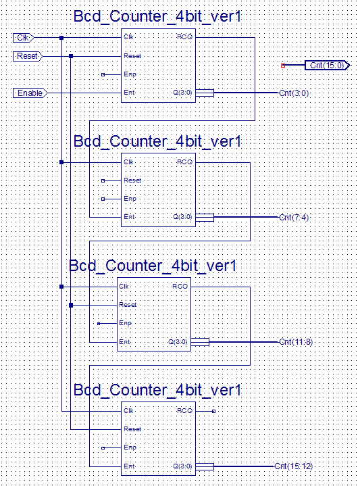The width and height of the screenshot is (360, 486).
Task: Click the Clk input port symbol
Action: pos(23,38)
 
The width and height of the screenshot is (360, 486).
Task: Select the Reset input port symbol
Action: pos(28,56)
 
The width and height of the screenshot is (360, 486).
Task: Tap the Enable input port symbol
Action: pos(30,93)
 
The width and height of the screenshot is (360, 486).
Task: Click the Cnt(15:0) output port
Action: pos(328,66)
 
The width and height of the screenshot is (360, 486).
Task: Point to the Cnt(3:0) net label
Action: pos(294,93)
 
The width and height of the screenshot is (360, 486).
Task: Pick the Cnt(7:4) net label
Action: pos(294,217)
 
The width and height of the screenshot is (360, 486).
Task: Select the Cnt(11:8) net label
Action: pos(296,342)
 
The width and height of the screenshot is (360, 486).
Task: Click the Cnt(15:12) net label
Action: pos(293,466)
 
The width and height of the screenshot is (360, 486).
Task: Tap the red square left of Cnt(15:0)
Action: pos(283,66)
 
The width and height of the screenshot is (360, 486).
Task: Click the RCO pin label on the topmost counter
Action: pos(184,37)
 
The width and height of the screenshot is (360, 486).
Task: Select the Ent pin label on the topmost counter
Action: pos(129,93)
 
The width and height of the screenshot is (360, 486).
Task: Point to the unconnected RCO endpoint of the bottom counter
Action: pos(213,411)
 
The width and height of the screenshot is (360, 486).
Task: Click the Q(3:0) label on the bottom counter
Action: pos(182,466)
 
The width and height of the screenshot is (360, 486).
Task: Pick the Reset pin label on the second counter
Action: pos(132,180)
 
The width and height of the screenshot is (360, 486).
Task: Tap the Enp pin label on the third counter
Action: pos(125,323)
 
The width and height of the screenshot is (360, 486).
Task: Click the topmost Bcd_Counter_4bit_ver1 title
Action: pos(157,16)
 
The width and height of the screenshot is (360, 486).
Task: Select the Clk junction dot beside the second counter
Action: pos(61,162)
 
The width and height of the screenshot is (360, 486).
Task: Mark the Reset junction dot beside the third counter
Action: pos(71,306)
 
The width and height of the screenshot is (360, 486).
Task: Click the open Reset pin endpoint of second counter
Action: pos(103,180)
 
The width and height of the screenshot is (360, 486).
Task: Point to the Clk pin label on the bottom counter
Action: pos(128,411)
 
